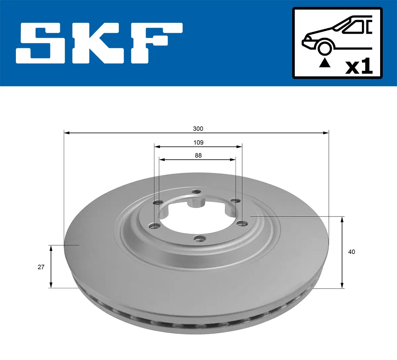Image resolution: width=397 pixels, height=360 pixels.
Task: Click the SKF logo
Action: pos(99,43)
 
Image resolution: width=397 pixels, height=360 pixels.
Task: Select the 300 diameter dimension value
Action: pos(198,129)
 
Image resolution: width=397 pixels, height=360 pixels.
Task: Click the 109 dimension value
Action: pos(198,142)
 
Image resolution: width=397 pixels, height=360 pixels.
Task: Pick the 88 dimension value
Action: pos(198,155)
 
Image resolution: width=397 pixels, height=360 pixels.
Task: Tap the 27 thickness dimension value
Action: pos(41,267)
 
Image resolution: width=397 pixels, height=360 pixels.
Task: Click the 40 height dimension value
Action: pos(351,252)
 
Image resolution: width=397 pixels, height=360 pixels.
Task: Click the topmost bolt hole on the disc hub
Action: pos(197,192)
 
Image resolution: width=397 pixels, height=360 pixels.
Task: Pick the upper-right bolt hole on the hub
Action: pos(235,201)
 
